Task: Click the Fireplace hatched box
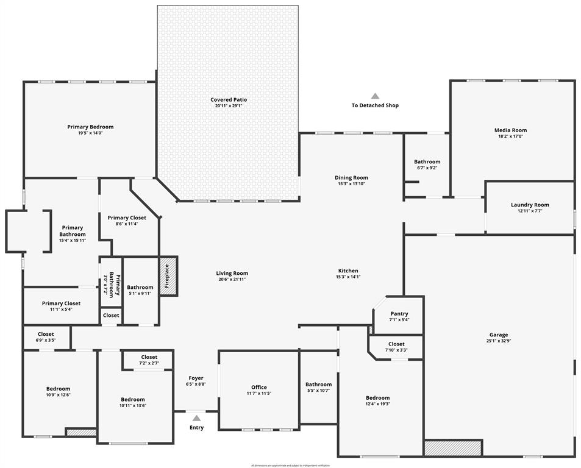168,276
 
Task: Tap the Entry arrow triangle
196,418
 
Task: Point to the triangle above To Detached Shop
375,96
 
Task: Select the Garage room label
498,335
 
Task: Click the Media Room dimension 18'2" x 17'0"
510,136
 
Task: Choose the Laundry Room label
529,205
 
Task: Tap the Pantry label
399,314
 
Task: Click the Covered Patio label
229,99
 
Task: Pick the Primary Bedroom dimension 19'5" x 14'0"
90,133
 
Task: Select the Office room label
259,387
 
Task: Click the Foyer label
196,378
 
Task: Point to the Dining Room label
351,178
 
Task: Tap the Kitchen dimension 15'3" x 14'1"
348,277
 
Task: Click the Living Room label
232,273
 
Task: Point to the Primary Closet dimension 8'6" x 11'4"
127,224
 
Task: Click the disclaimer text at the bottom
290,465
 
